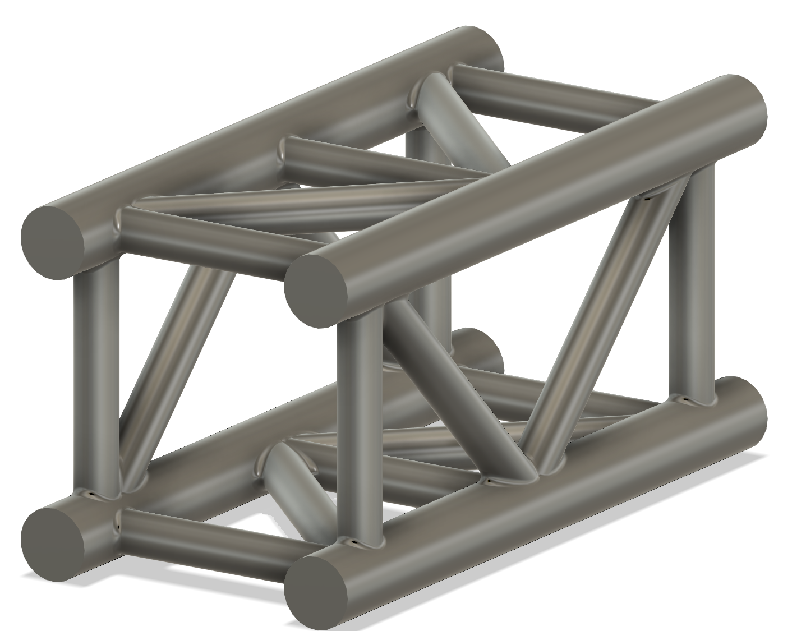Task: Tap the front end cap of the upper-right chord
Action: pyautogui.click(x=316, y=291)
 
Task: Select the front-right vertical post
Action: pyautogui.click(x=359, y=426)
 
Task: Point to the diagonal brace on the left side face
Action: pyautogui.click(x=174, y=370)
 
